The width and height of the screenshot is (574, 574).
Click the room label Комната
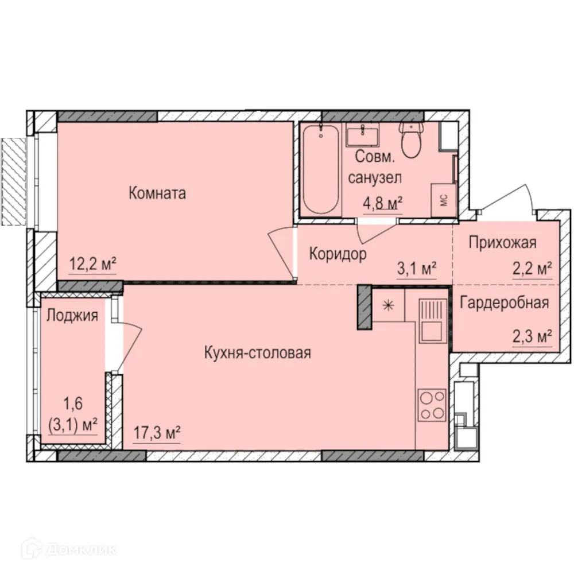pos(157,193)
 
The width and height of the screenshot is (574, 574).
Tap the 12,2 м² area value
pos(93,265)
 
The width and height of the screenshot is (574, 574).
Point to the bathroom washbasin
pos(362,137)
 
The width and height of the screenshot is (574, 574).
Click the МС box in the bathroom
pos(444,200)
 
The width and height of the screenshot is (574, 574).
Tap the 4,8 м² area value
pos(381,204)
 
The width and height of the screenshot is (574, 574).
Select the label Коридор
pos(338,254)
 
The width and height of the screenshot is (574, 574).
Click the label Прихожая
pos(502,243)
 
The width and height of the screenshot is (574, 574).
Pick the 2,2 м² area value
pos(532,267)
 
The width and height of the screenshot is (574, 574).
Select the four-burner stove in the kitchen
pos(432,404)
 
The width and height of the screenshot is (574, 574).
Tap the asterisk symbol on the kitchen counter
pos(388,305)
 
